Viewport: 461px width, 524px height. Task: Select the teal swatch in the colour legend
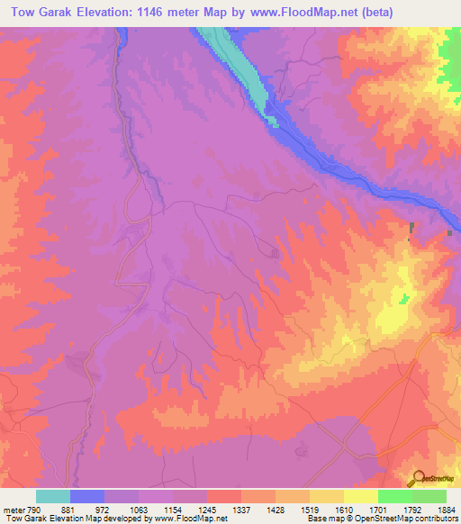tap(53, 497)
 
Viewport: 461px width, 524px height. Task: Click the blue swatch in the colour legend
tap(87, 497)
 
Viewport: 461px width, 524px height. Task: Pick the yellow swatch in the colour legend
tap(361, 497)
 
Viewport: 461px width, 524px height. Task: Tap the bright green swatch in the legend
tap(395, 497)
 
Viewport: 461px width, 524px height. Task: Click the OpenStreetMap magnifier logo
tap(417, 478)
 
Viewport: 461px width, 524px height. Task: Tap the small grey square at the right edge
tap(449, 233)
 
